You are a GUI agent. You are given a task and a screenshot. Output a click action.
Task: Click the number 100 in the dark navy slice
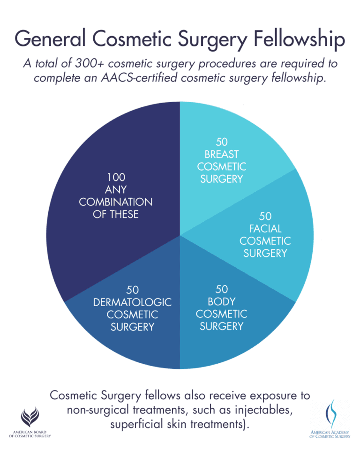pyautogui.click(x=116, y=178)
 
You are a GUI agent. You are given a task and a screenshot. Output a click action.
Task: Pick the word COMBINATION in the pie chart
pyautogui.click(x=116, y=202)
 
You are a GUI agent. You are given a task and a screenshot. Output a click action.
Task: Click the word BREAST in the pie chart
pyautogui.click(x=221, y=154)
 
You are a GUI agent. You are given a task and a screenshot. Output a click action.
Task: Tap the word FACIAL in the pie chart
pyautogui.click(x=265, y=229)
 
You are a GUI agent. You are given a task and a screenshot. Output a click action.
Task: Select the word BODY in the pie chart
pyautogui.click(x=221, y=301)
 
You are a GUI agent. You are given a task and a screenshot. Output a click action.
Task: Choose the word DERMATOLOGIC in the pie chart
pyautogui.click(x=133, y=302)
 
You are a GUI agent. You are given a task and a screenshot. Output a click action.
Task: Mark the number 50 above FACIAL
pyautogui.click(x=265, y=216)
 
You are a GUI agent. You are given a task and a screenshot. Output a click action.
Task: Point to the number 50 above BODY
pyautogui.click(x=221, y=289)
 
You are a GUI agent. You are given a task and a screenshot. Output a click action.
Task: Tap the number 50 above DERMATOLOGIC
pyautogui.click(x=133, y=290)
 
